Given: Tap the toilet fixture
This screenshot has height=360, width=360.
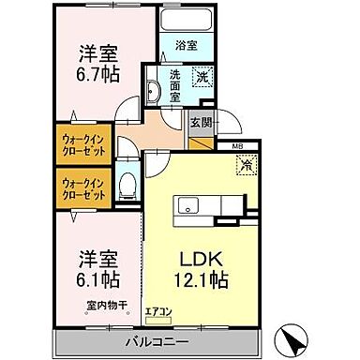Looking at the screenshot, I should pos(129,185).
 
